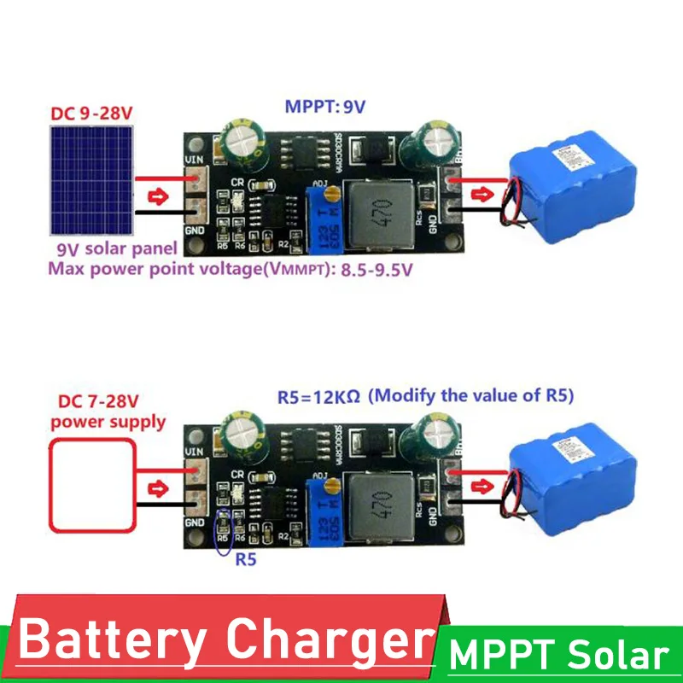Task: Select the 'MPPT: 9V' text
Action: click(x=324, y=108)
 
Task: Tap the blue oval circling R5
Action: click(x=223, y=532)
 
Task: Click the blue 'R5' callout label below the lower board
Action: click(x=245, y=561)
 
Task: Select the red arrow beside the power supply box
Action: click(x=158, y=489)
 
